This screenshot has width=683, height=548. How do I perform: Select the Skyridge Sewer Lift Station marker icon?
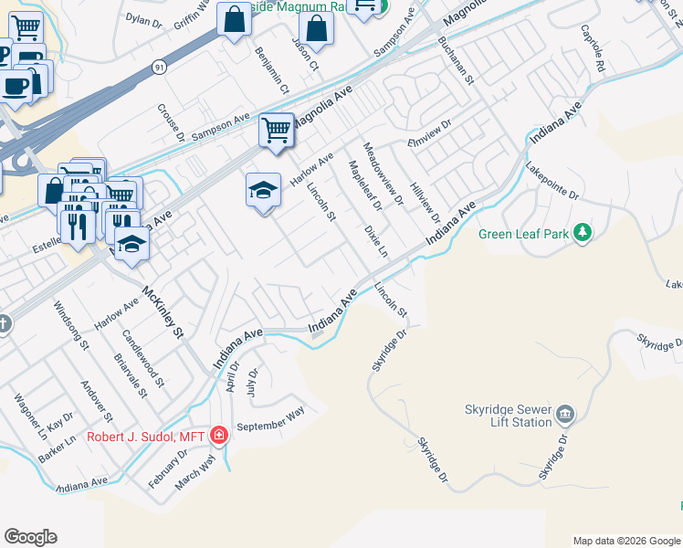pos(565,416)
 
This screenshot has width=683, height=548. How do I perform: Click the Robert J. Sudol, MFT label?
pos(146,436)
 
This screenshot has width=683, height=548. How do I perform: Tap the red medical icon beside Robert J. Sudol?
pos(219,435)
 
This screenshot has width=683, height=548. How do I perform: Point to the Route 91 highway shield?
pos(160,67)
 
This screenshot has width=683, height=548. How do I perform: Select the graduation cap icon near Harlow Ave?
pos(263,190)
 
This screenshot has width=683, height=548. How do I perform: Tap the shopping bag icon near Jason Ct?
pos(316,30)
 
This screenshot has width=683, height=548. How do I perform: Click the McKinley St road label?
pos(163,311)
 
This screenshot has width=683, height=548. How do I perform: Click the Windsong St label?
pos(70,327)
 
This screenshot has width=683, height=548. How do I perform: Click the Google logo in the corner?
pos(30,537)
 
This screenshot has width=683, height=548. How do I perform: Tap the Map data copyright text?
pos(626,541)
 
